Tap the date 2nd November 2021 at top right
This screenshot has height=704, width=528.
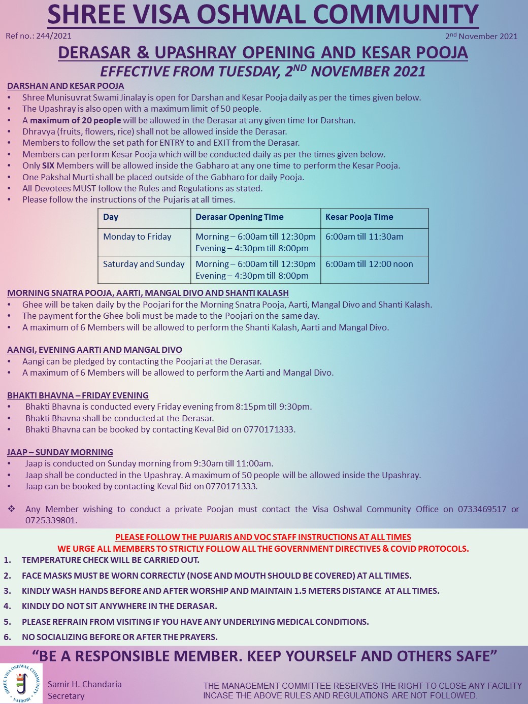click(x=481, y=36)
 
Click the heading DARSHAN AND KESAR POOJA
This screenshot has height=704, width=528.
click(x=65, y=86)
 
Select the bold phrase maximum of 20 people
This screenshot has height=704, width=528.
click(x=76, y=120)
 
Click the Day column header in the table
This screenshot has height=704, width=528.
click(x=111, y=217)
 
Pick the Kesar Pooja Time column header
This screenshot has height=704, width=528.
click(x=359, y=217)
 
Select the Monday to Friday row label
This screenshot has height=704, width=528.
click(x=137, y=237)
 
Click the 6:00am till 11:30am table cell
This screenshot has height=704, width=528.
click(x=364, y=237)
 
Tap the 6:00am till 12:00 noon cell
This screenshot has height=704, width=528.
click(x=369, y=264)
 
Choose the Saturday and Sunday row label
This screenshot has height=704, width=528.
click(x=144, y=264)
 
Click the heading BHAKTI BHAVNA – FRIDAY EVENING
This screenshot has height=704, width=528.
click(x=78, y=395)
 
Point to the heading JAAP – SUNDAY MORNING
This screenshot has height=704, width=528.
click(x=60, y=452)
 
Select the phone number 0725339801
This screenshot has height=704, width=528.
click(x=50, y=520)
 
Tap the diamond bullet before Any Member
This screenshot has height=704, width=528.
click(x=11, y=509)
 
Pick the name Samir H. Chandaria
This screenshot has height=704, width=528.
click(x=85, y=684)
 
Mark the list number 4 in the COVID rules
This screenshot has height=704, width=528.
click(x=7, y=606)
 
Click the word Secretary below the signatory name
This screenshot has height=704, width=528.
click(x=66, y=696)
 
